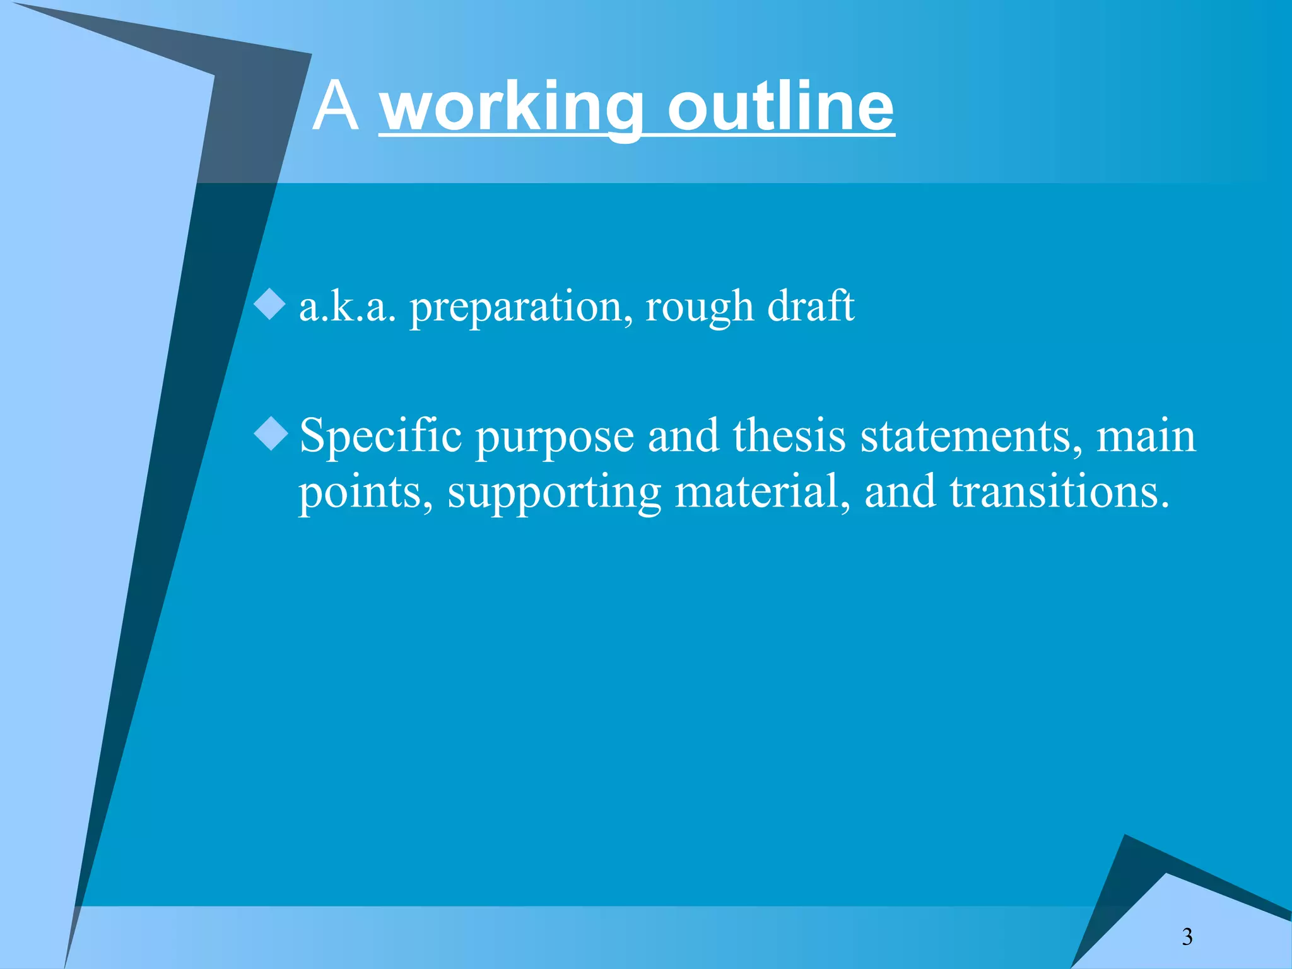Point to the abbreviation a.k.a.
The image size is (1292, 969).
(x=348, y=307)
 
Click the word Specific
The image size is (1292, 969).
(x=380, y=437)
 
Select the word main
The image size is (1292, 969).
(x=1146, y=437)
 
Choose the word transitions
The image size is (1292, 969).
(x=1060, y=491)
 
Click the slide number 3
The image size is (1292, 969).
(x=1187, y=937)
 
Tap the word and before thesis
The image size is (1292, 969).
(x=683, y=437)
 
